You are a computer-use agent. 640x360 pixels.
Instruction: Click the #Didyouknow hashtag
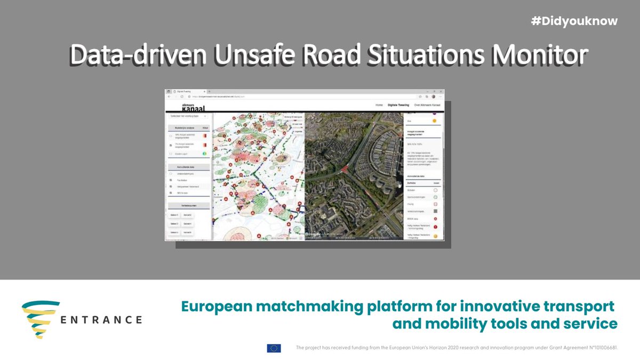tap(574, 21)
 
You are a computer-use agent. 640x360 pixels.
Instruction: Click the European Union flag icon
tap(274, 348)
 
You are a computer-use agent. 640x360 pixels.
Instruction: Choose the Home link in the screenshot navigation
tap(379, 106)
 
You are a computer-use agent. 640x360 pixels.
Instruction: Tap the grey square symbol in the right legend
tap(435, 211)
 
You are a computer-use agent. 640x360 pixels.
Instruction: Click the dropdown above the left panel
tap(188, 115)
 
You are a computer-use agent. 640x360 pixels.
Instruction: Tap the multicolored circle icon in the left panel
tap(205, 154)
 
